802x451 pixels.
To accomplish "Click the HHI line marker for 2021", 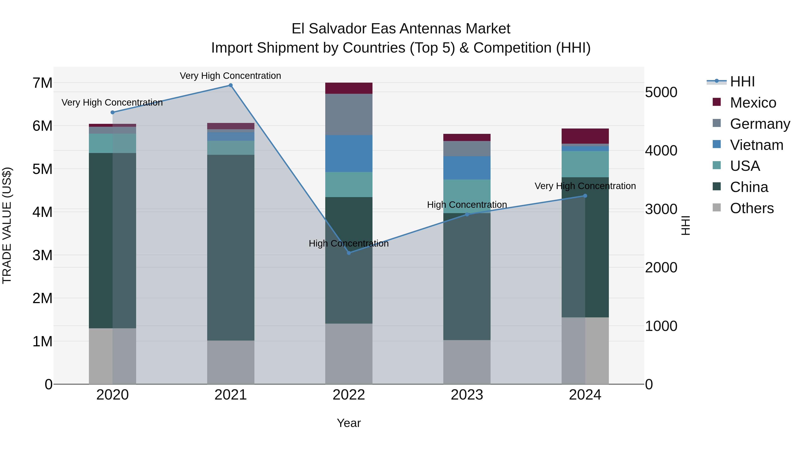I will pyautogui.click(x=231, y=85).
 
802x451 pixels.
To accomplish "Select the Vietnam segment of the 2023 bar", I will pyautogui.click(x=467, y=168).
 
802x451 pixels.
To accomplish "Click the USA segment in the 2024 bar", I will pyautogui.click(x=585, y=164).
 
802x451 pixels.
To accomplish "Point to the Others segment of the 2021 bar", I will pyautogui.click(x=231, y=362).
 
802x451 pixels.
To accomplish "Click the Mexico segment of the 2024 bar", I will pyautogui.click(x=585, y=136).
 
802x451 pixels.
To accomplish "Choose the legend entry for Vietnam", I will pyautogui.click(x=756, y=145).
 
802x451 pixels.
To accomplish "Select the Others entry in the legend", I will pyautogui.click(x=752, y=208).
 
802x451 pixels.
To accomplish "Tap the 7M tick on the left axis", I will pyautogui.click(x=42, y=83).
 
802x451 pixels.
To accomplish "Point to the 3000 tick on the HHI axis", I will pyautogui.click(x=661, y=209).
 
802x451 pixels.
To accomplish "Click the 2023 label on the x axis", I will pyautogui.click(x=467, y=395).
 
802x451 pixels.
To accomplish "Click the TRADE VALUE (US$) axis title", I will pyautogui.click(x=7, y=225).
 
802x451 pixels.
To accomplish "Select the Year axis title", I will pyautogui.click(x=349, y=423).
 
